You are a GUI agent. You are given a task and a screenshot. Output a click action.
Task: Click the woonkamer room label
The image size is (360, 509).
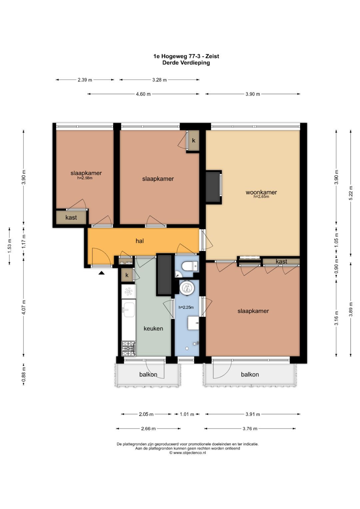click(261, 192)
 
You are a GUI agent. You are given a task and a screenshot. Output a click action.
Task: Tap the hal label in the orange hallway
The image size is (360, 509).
click(140, 241)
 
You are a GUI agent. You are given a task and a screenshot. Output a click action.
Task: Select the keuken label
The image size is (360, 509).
click(153, 328)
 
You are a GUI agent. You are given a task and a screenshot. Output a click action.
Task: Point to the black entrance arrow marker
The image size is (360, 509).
click(101, 273)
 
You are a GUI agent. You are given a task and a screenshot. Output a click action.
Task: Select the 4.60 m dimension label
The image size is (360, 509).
click(143, 94)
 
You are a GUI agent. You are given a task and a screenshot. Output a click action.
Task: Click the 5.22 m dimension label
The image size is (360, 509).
click(351, 193)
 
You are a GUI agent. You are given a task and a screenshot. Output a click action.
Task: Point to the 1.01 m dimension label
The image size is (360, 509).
click(187, 414)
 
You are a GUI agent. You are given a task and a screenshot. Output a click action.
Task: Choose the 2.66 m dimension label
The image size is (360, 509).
click(148, 429)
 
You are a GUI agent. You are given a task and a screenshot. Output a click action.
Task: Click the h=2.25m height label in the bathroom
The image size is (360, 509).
click(186, 307)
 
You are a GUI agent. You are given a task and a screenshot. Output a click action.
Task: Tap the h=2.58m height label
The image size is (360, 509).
click(85, 178)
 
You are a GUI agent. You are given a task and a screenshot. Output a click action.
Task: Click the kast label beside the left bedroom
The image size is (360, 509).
click(71, 217)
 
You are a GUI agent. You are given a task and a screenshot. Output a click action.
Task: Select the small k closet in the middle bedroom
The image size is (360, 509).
click(194, 140)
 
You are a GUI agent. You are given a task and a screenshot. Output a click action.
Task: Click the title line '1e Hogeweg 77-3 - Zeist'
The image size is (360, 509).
click(186, 56)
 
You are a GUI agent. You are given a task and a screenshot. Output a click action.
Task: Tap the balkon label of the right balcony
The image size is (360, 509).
click(250, 374)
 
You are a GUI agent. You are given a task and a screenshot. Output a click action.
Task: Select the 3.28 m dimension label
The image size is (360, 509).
click(159, 80)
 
